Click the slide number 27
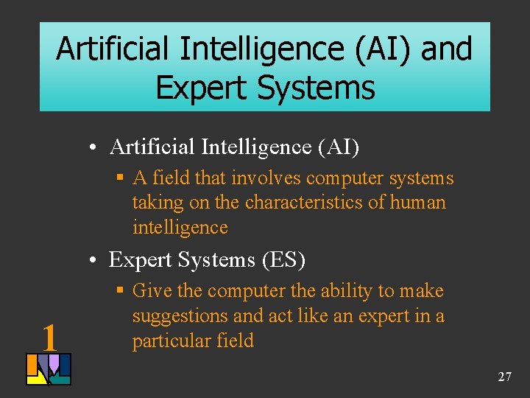coord(504,377)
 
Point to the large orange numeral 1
coord(49,338)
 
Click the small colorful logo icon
coord(49,369)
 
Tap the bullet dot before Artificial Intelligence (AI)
coord(97,148)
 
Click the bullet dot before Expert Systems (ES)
coord(97,260)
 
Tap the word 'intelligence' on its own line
coord(180,227)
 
